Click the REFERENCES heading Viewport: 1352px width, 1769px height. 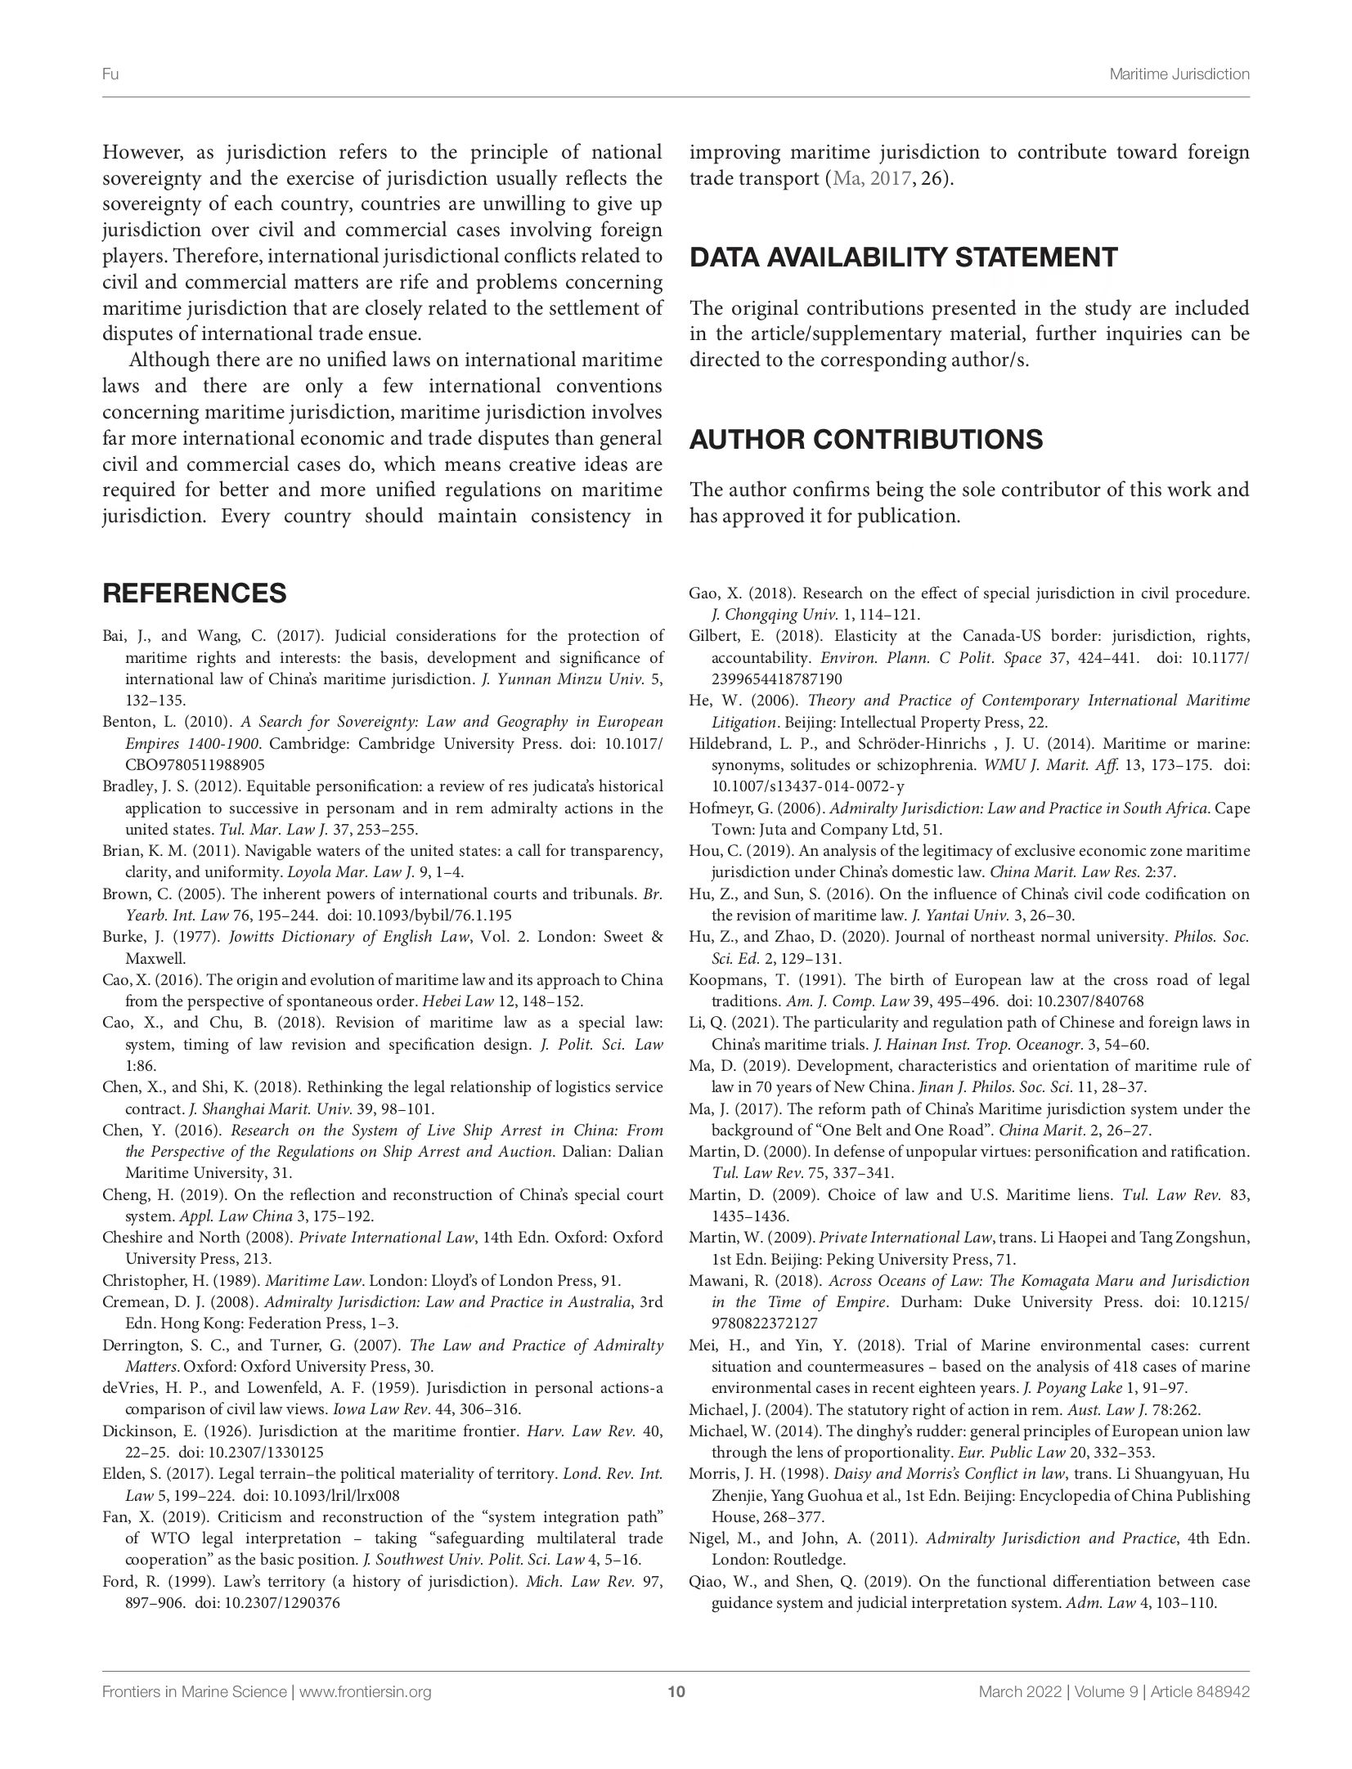click(194, 593)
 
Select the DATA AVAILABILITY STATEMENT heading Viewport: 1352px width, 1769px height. click(903, 258)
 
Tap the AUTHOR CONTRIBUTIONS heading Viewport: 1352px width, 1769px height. click(865, 439)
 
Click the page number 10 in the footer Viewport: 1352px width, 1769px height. click(676, 1692)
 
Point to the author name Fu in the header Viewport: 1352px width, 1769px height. click(110, 74)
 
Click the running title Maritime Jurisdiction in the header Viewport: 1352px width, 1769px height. click(1179, 74)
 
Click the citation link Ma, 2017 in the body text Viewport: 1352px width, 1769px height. click(871, 179)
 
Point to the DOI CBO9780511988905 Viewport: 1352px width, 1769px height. click(195, 765)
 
